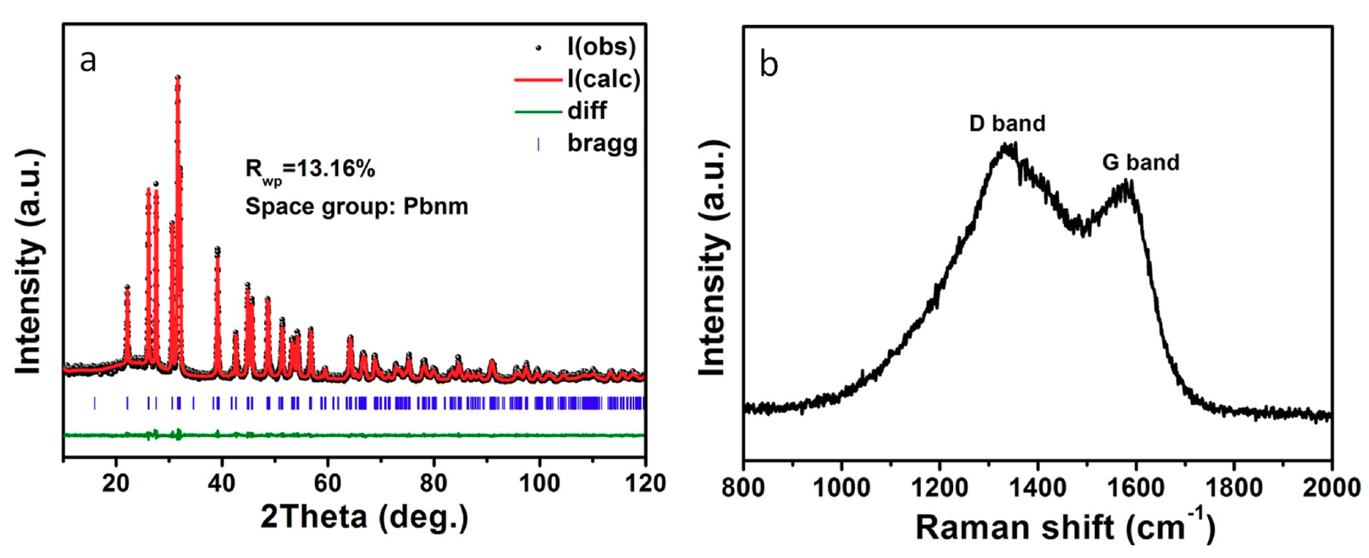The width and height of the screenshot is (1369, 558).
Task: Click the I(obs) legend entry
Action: click(x=601, y=47)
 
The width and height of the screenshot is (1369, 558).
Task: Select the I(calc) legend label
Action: click(x=604, y=79)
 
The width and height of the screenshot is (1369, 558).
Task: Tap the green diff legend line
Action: click(x=538, y=111)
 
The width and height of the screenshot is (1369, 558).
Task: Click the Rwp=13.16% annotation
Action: click(x=311, y=170)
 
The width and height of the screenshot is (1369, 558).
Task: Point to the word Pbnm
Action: click(x=435, y=206)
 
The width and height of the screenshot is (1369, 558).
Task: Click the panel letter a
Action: click(x=88, y=60)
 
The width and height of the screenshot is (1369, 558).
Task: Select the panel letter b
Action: click(x=768, y=64)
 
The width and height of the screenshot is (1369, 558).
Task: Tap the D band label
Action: click(x=1007, y=123)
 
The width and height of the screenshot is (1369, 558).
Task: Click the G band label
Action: click(x=1140, y=162)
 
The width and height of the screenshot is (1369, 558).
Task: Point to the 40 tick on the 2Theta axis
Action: click(x=221, y=483)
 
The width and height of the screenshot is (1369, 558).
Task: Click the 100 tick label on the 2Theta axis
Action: click(x=539, y=483)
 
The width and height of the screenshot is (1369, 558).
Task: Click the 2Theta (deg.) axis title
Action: click(x=365, y=516)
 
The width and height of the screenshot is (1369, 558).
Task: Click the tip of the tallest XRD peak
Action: click(x=177, y=78)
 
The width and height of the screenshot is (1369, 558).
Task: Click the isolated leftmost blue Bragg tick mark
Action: click(x=95, y=403)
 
